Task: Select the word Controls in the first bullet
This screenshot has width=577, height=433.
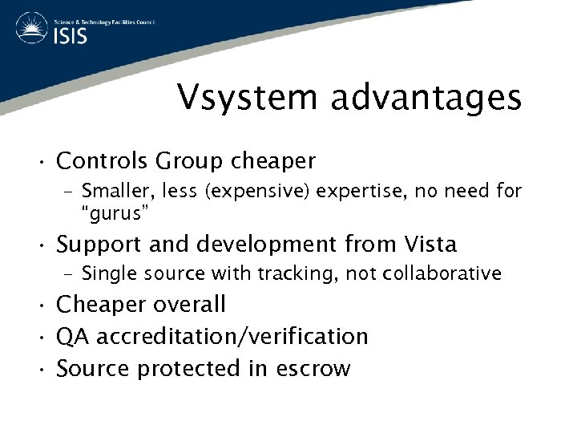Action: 102,161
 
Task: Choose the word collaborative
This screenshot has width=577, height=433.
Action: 442,273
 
